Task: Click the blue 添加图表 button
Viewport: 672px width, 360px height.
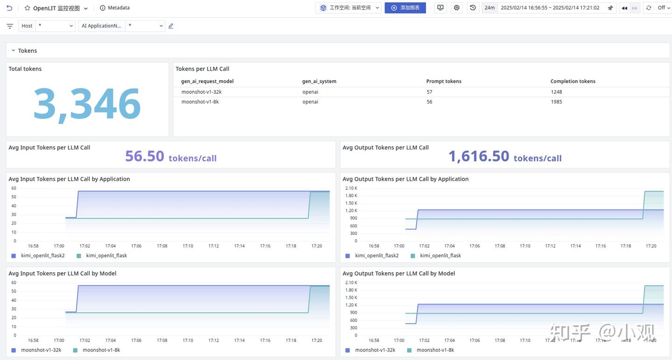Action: coord(405,8)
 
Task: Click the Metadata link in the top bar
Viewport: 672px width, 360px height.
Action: coord(115,8)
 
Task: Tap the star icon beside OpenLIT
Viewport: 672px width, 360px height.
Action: coord(27,8)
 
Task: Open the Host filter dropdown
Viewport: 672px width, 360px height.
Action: coord(55,26)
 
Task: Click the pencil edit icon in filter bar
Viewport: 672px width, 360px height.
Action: coord(171,26)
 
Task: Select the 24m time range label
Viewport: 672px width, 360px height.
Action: coord(490,8)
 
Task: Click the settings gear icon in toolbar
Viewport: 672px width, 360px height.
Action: coord(456,8)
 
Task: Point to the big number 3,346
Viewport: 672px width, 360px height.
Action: coord(87,104)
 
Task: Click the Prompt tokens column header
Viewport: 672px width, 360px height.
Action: coord(444,81)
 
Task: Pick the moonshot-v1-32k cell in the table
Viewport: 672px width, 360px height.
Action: coord(201,92)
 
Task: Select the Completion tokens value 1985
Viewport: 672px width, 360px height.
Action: coord(556,102)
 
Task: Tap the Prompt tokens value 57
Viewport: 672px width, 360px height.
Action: coord(429,92)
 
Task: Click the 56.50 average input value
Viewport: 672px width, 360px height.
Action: coord(145,156)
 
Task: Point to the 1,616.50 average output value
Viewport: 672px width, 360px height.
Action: coord(479,156)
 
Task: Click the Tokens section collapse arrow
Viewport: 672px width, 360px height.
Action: coord(13,50)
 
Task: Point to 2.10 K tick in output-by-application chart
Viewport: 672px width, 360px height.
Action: coord(351,188)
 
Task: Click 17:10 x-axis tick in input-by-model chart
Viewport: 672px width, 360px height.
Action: coord(188,340)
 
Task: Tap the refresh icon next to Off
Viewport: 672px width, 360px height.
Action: coord(649,8)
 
